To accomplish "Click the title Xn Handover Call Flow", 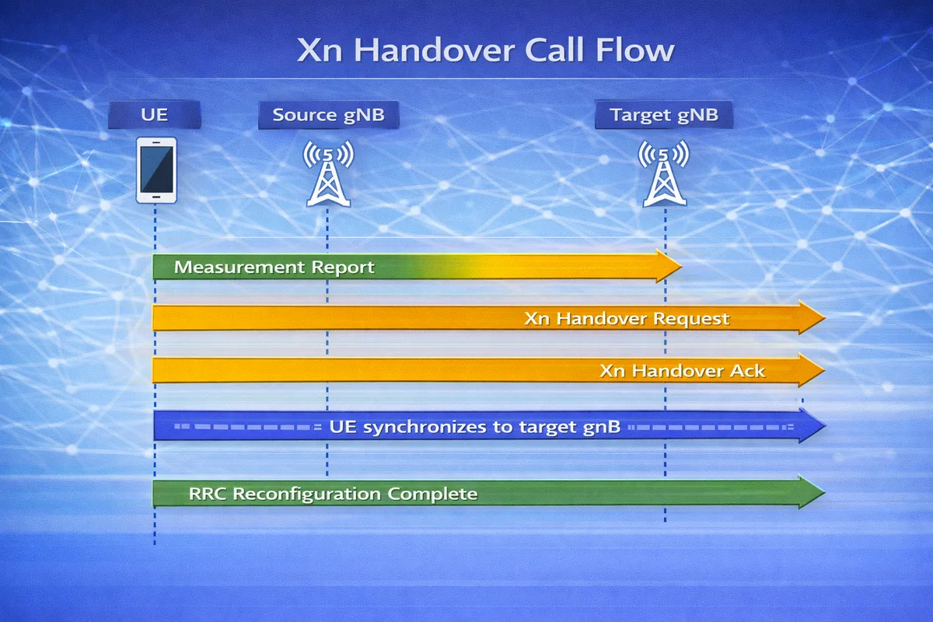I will pos(485,51).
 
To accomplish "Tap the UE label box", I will pos(154,116).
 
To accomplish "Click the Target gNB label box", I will pos(663,116).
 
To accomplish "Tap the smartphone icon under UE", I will pos(156,170).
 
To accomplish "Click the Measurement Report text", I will pos(274,267).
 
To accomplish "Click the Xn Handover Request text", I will pos(627,319).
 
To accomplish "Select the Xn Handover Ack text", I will pos(683,371).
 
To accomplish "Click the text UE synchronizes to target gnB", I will pos(474,427).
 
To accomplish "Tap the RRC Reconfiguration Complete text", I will pos(333,494).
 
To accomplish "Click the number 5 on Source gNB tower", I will pos(328,154).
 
